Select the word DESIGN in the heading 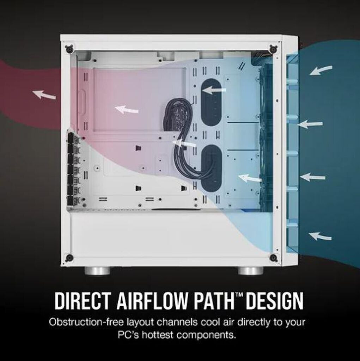[274, 301]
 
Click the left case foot [97, 270]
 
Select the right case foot [250, 270]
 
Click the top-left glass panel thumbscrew [69, 48]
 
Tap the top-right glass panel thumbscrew [273, 48]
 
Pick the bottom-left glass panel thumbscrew [69, 257]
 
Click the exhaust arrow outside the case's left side [44, 94]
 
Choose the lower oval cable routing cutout [212, 169]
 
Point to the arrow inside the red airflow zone [127, 110]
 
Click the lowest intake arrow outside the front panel [320, 236]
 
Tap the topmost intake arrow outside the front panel [321, 70]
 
